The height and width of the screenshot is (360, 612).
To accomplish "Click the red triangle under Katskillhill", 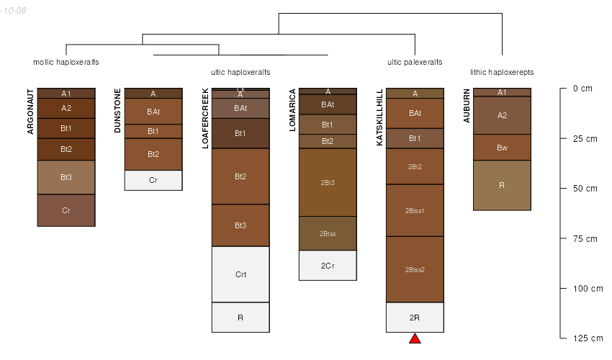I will (415, 338).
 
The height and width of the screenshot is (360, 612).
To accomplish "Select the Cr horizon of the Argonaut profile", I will (66, 210).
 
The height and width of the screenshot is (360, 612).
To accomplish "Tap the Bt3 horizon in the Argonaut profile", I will (66, 177).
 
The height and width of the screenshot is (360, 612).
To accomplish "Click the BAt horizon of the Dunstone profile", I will (153, 112).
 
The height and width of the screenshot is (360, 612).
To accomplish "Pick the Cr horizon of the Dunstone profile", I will (153, 180).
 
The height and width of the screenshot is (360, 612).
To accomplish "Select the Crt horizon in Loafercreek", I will (240, 274).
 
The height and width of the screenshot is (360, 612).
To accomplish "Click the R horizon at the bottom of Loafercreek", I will (240, 317).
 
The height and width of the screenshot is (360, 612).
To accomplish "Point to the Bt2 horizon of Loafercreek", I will (240, 176).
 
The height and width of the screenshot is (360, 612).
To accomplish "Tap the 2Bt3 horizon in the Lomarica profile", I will (328, 182).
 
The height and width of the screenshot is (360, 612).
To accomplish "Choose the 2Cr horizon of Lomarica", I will (328, 266).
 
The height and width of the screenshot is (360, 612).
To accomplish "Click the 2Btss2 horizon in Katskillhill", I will (415, 269).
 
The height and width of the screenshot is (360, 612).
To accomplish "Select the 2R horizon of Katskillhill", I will (415, 318).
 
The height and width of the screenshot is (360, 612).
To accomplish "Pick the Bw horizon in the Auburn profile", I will (502, 148).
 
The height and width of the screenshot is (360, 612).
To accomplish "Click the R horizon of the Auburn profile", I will (502, 185).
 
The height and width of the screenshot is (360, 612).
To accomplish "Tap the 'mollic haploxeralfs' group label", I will (66, 62).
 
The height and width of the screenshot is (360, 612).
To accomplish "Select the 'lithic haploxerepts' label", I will (502, 72).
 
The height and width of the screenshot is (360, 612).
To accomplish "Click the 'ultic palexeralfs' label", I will (415, 62).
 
